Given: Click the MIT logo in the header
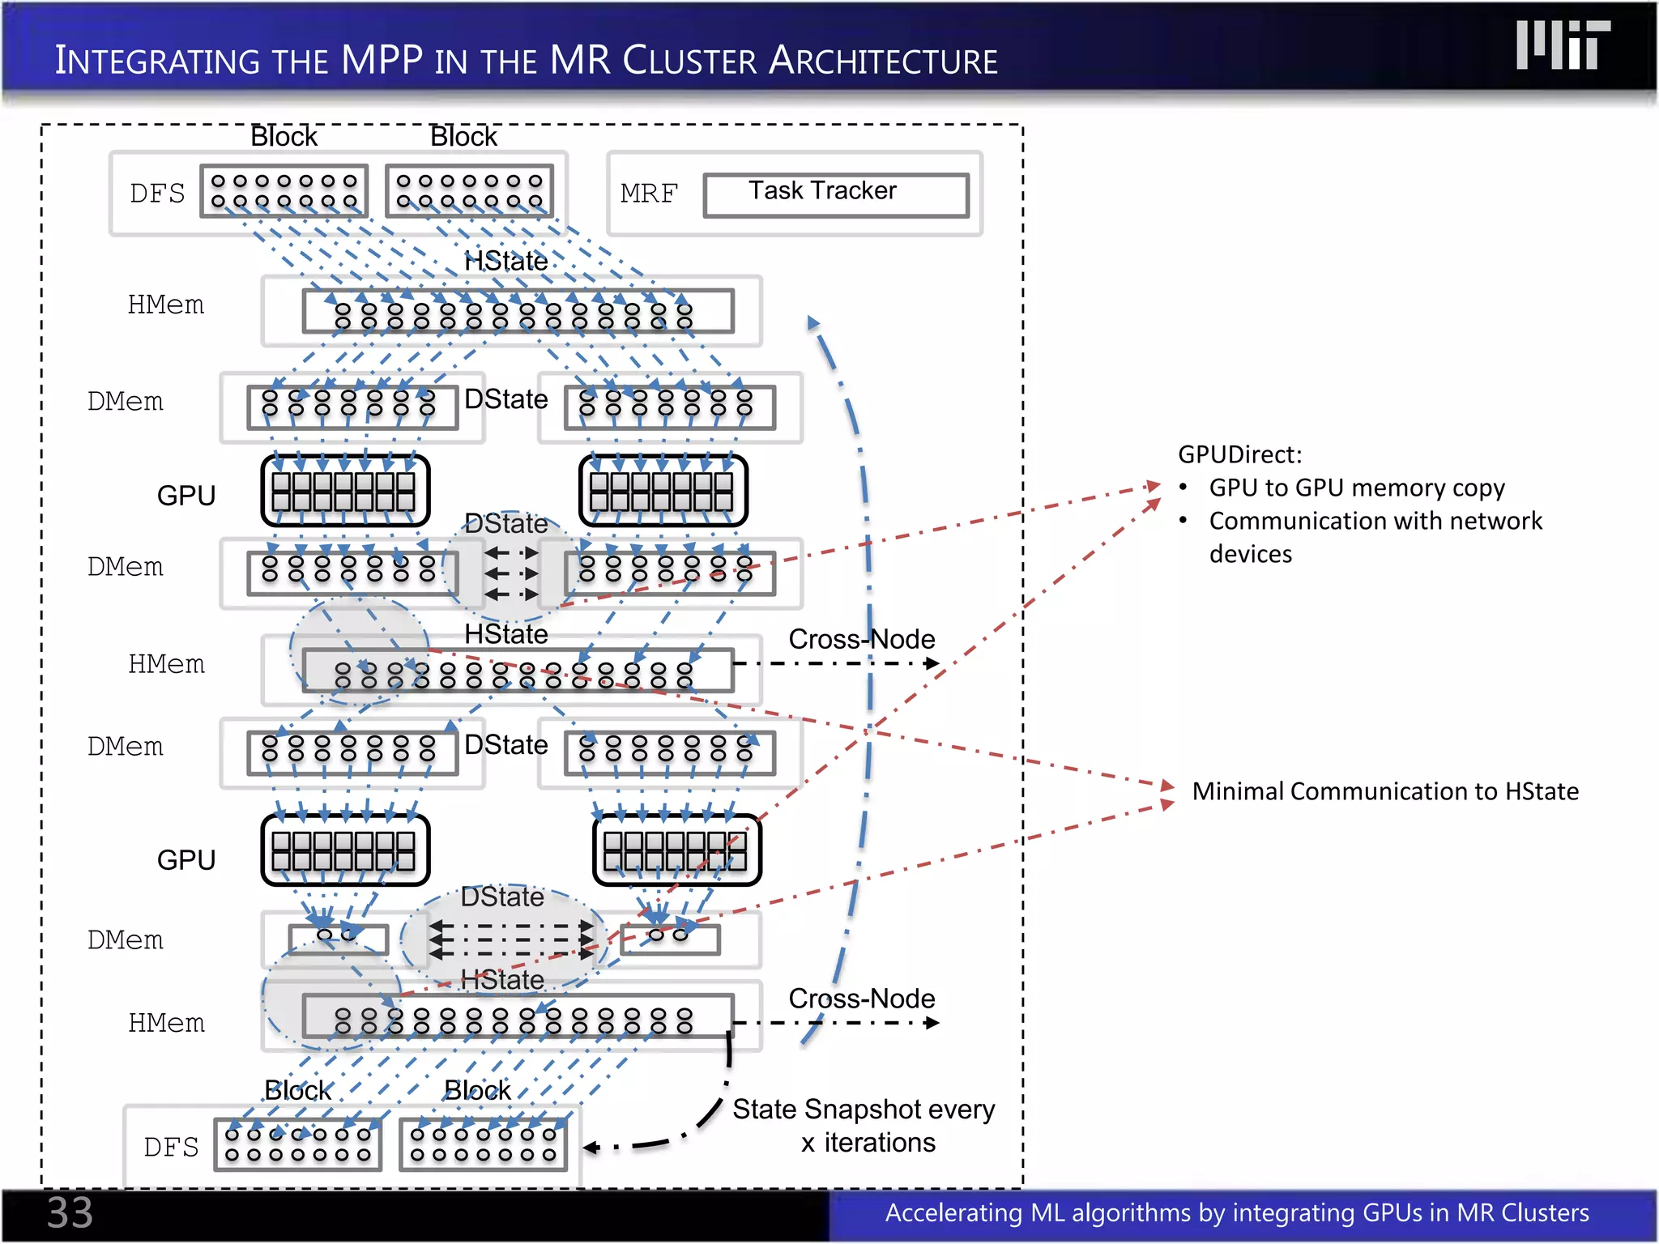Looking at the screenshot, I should click(x=1563, y=45).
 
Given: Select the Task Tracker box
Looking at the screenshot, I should click(x=835, y=194).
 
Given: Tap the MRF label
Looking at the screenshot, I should click(x=648, y=194).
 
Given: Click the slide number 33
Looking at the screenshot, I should click(x=70, y=1213).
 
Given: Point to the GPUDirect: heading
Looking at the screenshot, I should click(x=1239, y=454).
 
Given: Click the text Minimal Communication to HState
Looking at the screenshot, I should click(x=1385, y=791).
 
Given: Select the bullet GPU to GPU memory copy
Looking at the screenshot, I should click(x=1357, y=488).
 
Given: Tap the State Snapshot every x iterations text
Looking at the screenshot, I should click(x=864, y=1126).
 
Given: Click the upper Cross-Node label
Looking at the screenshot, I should click(x=861, y=639).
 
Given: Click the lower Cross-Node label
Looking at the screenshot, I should click(x=861, y=999).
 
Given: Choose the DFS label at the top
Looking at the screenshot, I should click(x=157, y=194).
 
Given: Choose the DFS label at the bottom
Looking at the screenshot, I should click(x=171, y=1148).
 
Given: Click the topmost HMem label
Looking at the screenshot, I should click(x=166, y=305).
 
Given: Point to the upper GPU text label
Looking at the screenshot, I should click(x=186, y=496).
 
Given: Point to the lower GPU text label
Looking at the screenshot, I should click(x=186, y=860).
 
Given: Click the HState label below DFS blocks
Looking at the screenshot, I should click(x=505, y=262).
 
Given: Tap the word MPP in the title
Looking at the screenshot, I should click(x=382, y=61).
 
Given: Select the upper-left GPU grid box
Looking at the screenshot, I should click(x=345, y=491).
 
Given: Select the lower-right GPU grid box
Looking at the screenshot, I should click(x=676, y=850).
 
